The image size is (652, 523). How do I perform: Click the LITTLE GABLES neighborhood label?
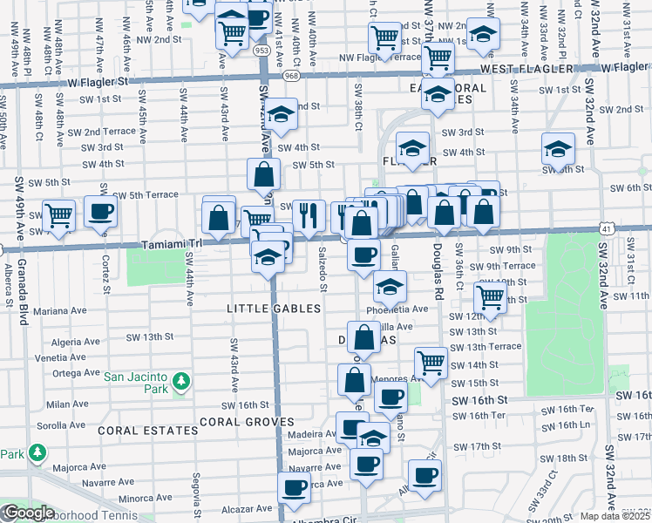click(274, 309)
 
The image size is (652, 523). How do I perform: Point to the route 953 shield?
click(262, 51)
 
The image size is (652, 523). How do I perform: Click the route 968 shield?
click(290, 76)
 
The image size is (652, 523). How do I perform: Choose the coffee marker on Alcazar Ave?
click(295, 489)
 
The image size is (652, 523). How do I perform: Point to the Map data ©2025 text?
click(615, 516)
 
